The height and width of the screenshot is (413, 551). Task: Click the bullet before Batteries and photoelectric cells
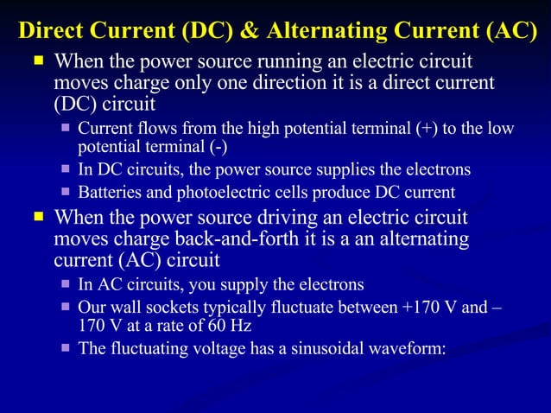[65, 192]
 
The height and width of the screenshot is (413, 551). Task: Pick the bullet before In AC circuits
[65, 284]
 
